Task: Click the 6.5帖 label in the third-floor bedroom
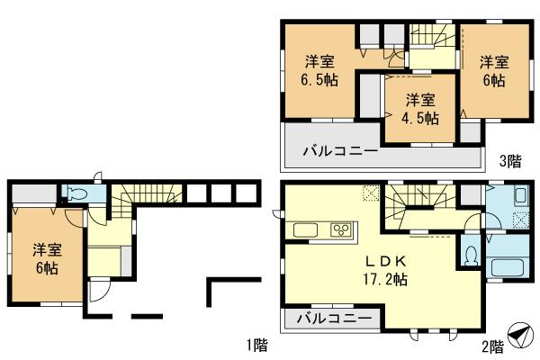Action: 319,79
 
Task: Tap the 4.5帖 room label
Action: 421,117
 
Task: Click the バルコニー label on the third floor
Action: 338,151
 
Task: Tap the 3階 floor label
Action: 509,162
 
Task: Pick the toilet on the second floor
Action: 470,255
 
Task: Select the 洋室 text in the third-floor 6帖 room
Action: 493,62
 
